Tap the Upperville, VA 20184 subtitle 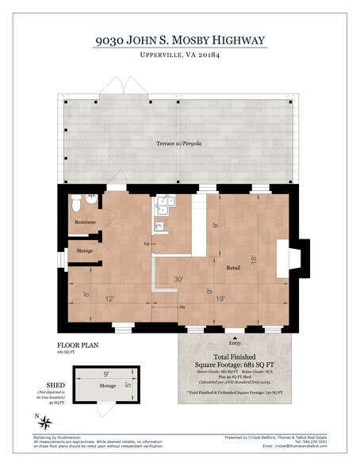(179, 58)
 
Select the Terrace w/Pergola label (178, 143)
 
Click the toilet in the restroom (75, 204)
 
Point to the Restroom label (86, 223)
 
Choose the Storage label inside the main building (85, 250)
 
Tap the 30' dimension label (179, 278)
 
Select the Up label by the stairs (147, 243)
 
